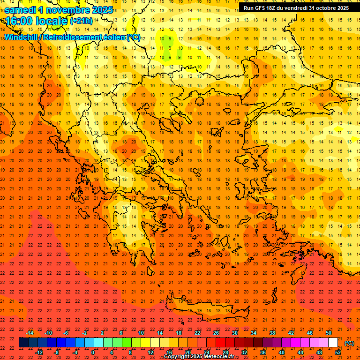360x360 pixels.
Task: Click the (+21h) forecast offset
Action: (81, 21)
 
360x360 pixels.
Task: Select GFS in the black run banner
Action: (262, 8)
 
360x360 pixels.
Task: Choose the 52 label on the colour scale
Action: (338, 352)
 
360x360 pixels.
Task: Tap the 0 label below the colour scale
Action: (93, 352)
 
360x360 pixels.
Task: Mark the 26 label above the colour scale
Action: (216, 333)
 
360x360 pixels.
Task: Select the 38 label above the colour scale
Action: (272, 333)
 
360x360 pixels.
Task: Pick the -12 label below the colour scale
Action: (39, 352)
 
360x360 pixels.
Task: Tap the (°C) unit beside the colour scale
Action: (349, 343)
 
